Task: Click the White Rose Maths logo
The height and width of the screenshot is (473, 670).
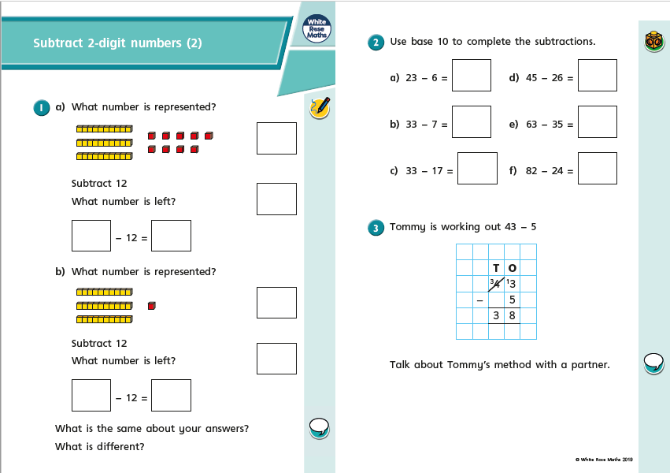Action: point(317,30)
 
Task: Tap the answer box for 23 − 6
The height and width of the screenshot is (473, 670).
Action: point(472,76)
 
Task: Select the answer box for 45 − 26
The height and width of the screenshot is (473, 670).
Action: point(597,76)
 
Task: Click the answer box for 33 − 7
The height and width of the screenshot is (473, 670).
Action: point(472,122)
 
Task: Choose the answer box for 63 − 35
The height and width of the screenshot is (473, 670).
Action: point(597,122)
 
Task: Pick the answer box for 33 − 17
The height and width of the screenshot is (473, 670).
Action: point(477,169)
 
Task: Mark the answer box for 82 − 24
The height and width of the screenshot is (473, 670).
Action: point(597,169)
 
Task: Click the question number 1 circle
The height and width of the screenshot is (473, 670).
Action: point(42,107)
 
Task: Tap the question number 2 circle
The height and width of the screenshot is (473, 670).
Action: point(376,43)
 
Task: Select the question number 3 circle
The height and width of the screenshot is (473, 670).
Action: point(376,228)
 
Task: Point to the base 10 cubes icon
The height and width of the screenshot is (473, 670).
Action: point(653,42)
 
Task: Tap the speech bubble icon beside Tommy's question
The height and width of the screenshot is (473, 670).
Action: point(653,363)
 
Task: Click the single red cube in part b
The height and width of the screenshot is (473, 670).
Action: point(152,306)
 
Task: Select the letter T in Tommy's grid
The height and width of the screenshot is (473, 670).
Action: point(496,268)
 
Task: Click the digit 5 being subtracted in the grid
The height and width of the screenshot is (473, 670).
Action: point(513,300)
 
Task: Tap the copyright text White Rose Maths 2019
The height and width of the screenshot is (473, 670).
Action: point(604,459)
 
